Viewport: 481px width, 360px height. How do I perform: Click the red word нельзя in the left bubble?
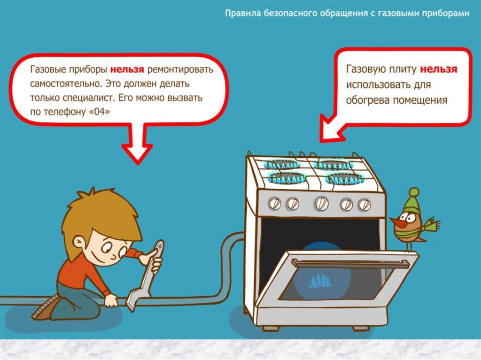(x=127, y=69)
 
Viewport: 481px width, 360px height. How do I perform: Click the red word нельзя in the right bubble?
(x=438, y=69)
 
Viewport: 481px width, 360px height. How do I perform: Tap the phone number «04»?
(x=99, y=112)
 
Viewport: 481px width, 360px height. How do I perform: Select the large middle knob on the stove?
(x=321, y=203)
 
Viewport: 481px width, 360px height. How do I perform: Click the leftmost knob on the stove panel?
(x=274, y=203)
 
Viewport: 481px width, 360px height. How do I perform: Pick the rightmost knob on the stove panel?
(x=364, y=205)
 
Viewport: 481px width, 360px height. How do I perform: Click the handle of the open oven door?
(x=350, y=264)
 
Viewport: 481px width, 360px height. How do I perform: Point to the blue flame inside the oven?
(x=320, y=281)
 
